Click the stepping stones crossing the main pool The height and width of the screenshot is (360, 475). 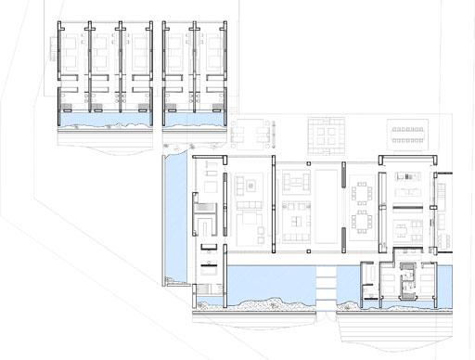pos(325,277)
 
